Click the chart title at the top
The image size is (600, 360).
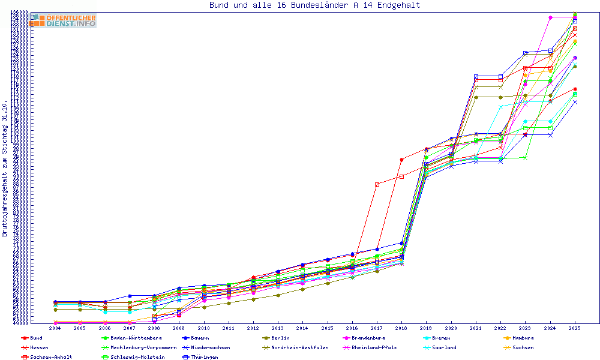(314, 5)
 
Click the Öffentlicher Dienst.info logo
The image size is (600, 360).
(64, 21)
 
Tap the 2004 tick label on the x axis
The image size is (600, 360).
(55, 329)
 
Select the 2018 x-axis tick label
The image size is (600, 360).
(401, 329)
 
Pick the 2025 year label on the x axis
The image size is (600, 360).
(575, 329)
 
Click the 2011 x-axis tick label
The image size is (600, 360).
(228, 329)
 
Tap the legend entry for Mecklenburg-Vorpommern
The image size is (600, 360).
(143, 347)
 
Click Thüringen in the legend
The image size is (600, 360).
(204, 357)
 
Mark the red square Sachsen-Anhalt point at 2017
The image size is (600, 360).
(377, 184)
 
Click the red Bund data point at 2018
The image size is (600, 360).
(401, 160)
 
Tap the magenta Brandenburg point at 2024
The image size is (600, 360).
(550, 17)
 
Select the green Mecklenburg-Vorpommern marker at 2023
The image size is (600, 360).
(526, 158)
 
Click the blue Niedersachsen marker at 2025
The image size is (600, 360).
(575, 102)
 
